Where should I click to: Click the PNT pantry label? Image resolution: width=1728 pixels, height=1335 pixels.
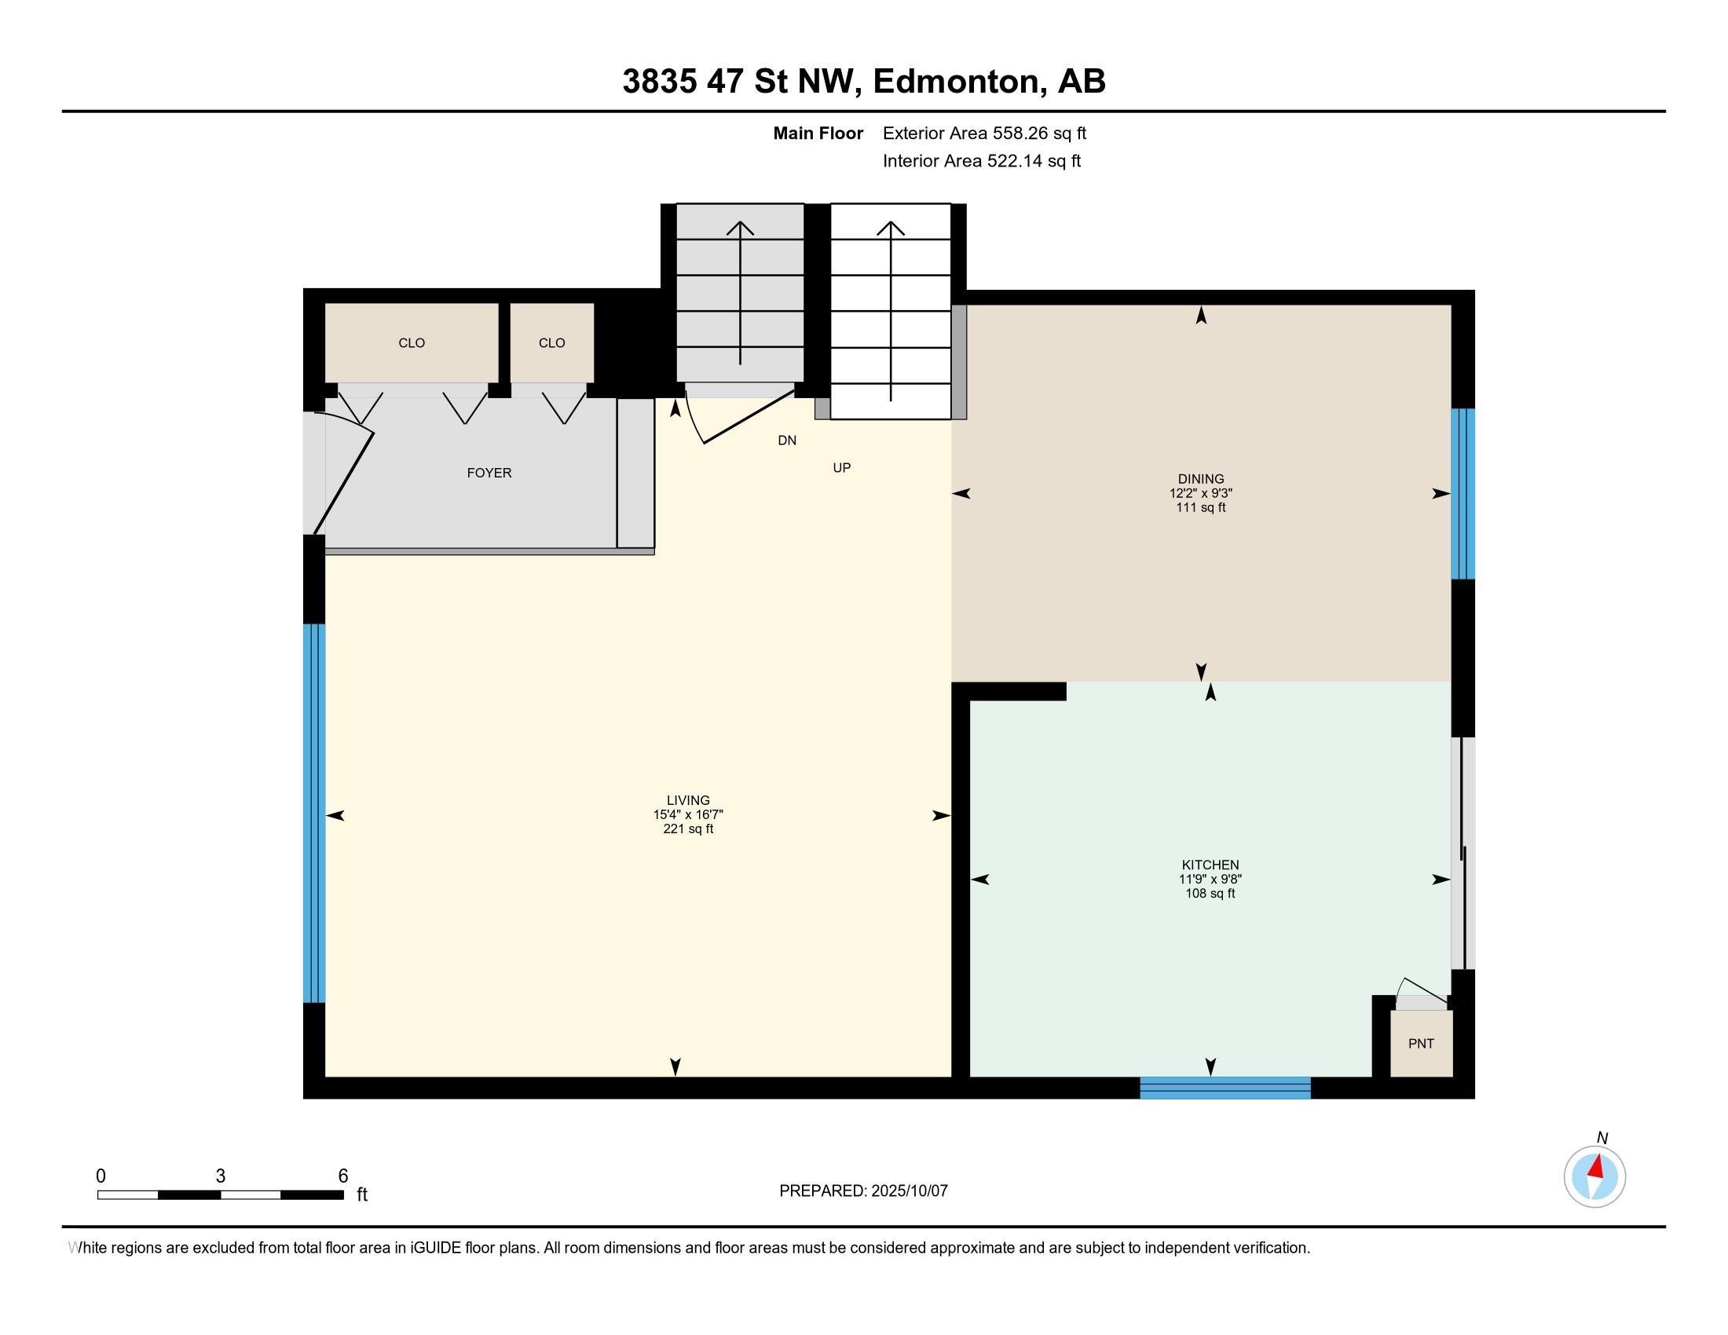point(1421,1043)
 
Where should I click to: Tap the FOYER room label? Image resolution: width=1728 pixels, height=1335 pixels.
point(489,473)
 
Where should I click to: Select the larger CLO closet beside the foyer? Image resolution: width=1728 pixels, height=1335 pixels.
point(412,342)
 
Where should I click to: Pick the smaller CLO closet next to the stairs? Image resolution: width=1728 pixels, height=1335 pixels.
point(551,342)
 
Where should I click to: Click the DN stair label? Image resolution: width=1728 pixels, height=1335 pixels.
point(786,441)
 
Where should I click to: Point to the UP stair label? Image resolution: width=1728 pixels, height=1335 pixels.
point(842,468)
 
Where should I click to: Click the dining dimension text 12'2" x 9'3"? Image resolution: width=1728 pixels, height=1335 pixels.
point(1200,492)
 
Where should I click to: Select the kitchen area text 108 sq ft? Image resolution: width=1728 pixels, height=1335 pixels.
point(1210,894)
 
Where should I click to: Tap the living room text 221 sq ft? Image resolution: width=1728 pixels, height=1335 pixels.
point(687,828)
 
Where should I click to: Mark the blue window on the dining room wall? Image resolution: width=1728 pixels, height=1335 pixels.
point(1463,493)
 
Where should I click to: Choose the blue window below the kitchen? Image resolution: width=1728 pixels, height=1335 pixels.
point(1225,1088)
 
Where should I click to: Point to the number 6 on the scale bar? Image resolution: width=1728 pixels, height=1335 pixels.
point(342,1176)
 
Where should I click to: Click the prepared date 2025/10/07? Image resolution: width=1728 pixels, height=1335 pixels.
point(908,1191)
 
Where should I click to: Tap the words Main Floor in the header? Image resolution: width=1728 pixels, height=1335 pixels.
point(818,133)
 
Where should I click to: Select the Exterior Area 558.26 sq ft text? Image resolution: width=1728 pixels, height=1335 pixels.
point(984,133)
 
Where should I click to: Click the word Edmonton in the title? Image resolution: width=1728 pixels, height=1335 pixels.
point(956,82)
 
